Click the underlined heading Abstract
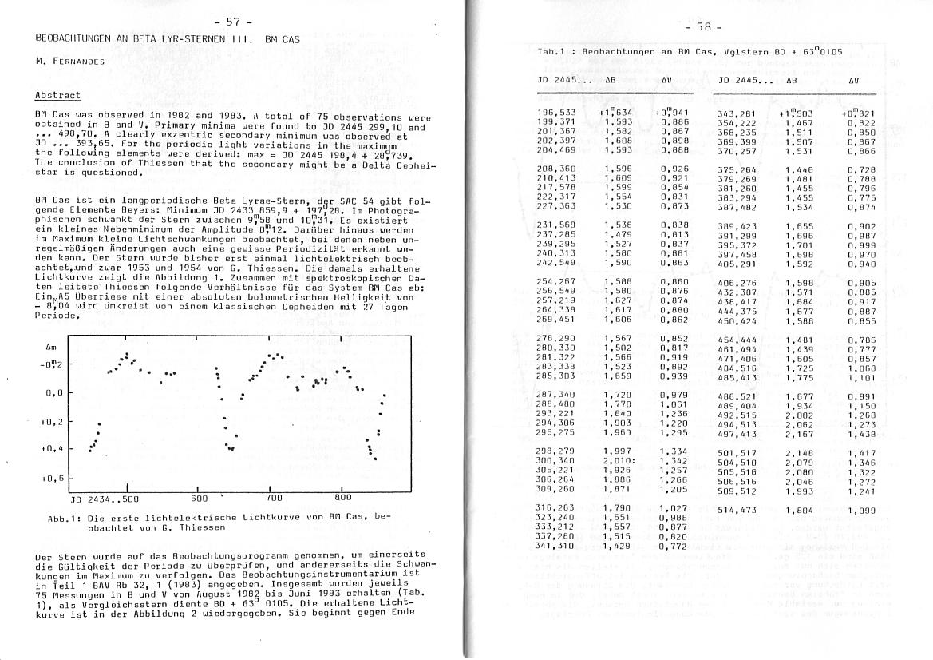[x=57, y=96]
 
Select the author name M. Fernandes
[x=69, y=60]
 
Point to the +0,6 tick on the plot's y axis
[x=53, y=478]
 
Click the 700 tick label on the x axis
[x=273, y=497]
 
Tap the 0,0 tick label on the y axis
[x=55, y=393]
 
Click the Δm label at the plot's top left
[x=51, y=348]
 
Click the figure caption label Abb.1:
[x=61, y=518]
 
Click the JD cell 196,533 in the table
[x=556, y=113]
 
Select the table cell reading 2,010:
[x=619, y=462]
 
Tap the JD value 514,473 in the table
[x=737, y=510]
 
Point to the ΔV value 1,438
[x=861, y=434]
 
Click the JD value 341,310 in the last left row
[x=555, y=545]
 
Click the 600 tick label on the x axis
[x=200, y=497]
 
